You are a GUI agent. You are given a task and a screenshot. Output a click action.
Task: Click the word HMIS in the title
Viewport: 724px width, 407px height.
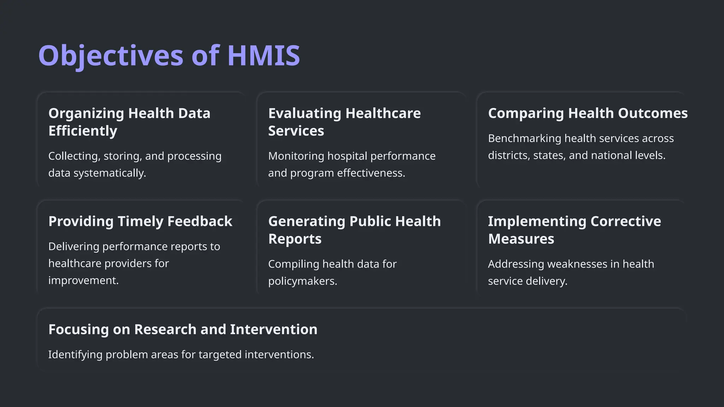point(263,55)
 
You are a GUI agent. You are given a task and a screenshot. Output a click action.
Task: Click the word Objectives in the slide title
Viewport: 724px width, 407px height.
point(111,55)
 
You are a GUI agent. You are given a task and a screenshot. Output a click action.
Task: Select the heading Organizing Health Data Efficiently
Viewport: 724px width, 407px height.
point(129,122)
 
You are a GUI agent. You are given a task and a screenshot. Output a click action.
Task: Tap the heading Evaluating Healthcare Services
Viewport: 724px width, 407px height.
point(344,122)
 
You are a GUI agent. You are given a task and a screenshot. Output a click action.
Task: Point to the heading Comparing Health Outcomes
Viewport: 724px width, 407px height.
point(588,113)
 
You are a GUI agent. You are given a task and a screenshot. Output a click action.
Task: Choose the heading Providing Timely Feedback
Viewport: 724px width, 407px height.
point(140,222)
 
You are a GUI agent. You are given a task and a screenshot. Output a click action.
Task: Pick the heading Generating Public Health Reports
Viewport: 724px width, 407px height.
point(354,230)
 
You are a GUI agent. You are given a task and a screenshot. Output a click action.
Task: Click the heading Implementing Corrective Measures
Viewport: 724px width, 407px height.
point(574,230)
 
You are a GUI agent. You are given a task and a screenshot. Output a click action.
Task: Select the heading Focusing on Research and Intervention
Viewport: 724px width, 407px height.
point(183,330)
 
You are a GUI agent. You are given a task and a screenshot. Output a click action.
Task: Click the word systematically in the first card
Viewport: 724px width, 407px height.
point(110,173)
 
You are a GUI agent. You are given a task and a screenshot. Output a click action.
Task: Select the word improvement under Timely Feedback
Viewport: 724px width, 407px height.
point(83,281)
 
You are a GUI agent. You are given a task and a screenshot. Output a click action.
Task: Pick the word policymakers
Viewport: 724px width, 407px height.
point(302,281)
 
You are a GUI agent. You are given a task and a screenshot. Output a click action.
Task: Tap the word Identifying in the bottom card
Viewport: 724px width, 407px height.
point(75,355)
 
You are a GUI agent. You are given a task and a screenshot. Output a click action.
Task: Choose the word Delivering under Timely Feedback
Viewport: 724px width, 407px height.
point(74,247)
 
